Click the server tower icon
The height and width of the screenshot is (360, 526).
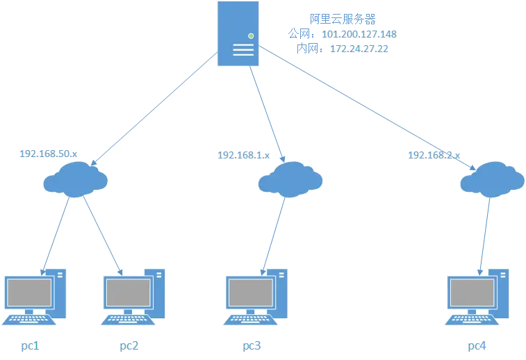point(238,33)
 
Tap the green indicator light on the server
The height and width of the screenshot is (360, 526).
point(250,35)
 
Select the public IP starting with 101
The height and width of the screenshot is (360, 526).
point(360,34)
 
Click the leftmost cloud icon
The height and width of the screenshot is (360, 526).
point(75,179)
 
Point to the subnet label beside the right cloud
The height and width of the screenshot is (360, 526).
point(433,155)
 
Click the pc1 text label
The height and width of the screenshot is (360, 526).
point(29,345)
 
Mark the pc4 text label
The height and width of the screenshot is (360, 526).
point(475,345)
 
